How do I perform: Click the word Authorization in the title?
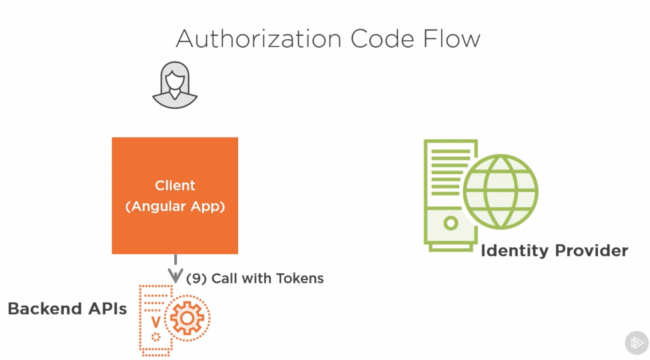[258, 39]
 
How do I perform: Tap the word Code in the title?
[382, 39]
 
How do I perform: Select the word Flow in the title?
[451, 39]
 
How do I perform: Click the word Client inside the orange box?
[175, 185]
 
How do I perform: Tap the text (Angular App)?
[175, 206]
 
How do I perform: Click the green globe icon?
[500, 191]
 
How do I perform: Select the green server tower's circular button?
[450, 223]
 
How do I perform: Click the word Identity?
[514, 250]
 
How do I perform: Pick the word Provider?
[591, 250]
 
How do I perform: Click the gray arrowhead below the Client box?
[175, 275]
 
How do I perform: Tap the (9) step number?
[197, 278]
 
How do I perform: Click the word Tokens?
[300, 278]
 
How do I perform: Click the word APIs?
[107, 309]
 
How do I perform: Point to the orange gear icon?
[187, 318]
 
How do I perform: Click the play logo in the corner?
[636, 342]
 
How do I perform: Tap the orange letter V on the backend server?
[156, 321]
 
